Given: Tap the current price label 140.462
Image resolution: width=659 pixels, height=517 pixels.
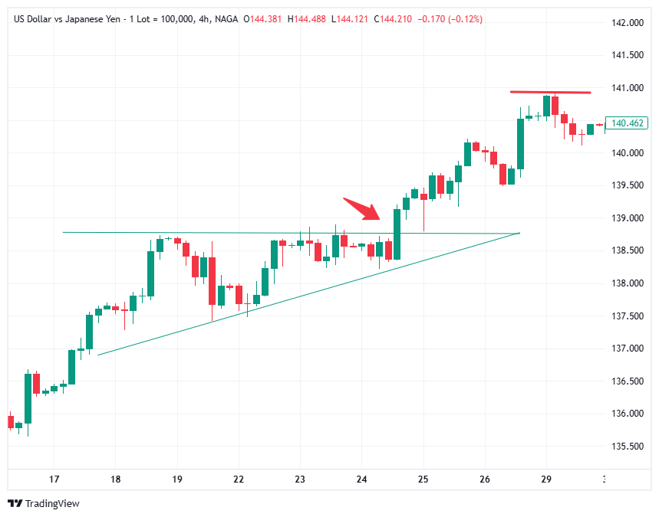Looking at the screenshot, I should [627, 123].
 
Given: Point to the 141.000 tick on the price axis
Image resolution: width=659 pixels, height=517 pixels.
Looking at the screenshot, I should [628, 88].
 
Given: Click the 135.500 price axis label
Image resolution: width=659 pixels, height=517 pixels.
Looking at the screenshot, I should [628, 447].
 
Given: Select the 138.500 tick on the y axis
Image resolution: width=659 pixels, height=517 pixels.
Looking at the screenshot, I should [628, 251].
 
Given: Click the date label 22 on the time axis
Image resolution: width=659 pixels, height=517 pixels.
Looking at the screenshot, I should [239, 479].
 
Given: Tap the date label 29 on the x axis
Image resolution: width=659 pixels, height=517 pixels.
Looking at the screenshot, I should [545, 479].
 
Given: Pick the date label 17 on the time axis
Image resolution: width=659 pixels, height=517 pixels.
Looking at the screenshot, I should [54, 479].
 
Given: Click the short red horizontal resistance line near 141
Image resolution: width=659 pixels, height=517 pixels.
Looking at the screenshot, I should [551, 92].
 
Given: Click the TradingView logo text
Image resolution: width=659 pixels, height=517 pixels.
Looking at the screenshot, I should [52, 503].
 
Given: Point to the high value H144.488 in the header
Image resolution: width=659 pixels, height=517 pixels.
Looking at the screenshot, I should [307, 18].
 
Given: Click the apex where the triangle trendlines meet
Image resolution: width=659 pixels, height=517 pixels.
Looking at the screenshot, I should [519, 233].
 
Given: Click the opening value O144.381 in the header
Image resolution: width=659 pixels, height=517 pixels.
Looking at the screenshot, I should [262, 18].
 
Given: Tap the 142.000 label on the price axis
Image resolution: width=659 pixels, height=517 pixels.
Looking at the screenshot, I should [628, 23].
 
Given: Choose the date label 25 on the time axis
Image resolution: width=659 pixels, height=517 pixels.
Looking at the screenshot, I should [423, 479].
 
